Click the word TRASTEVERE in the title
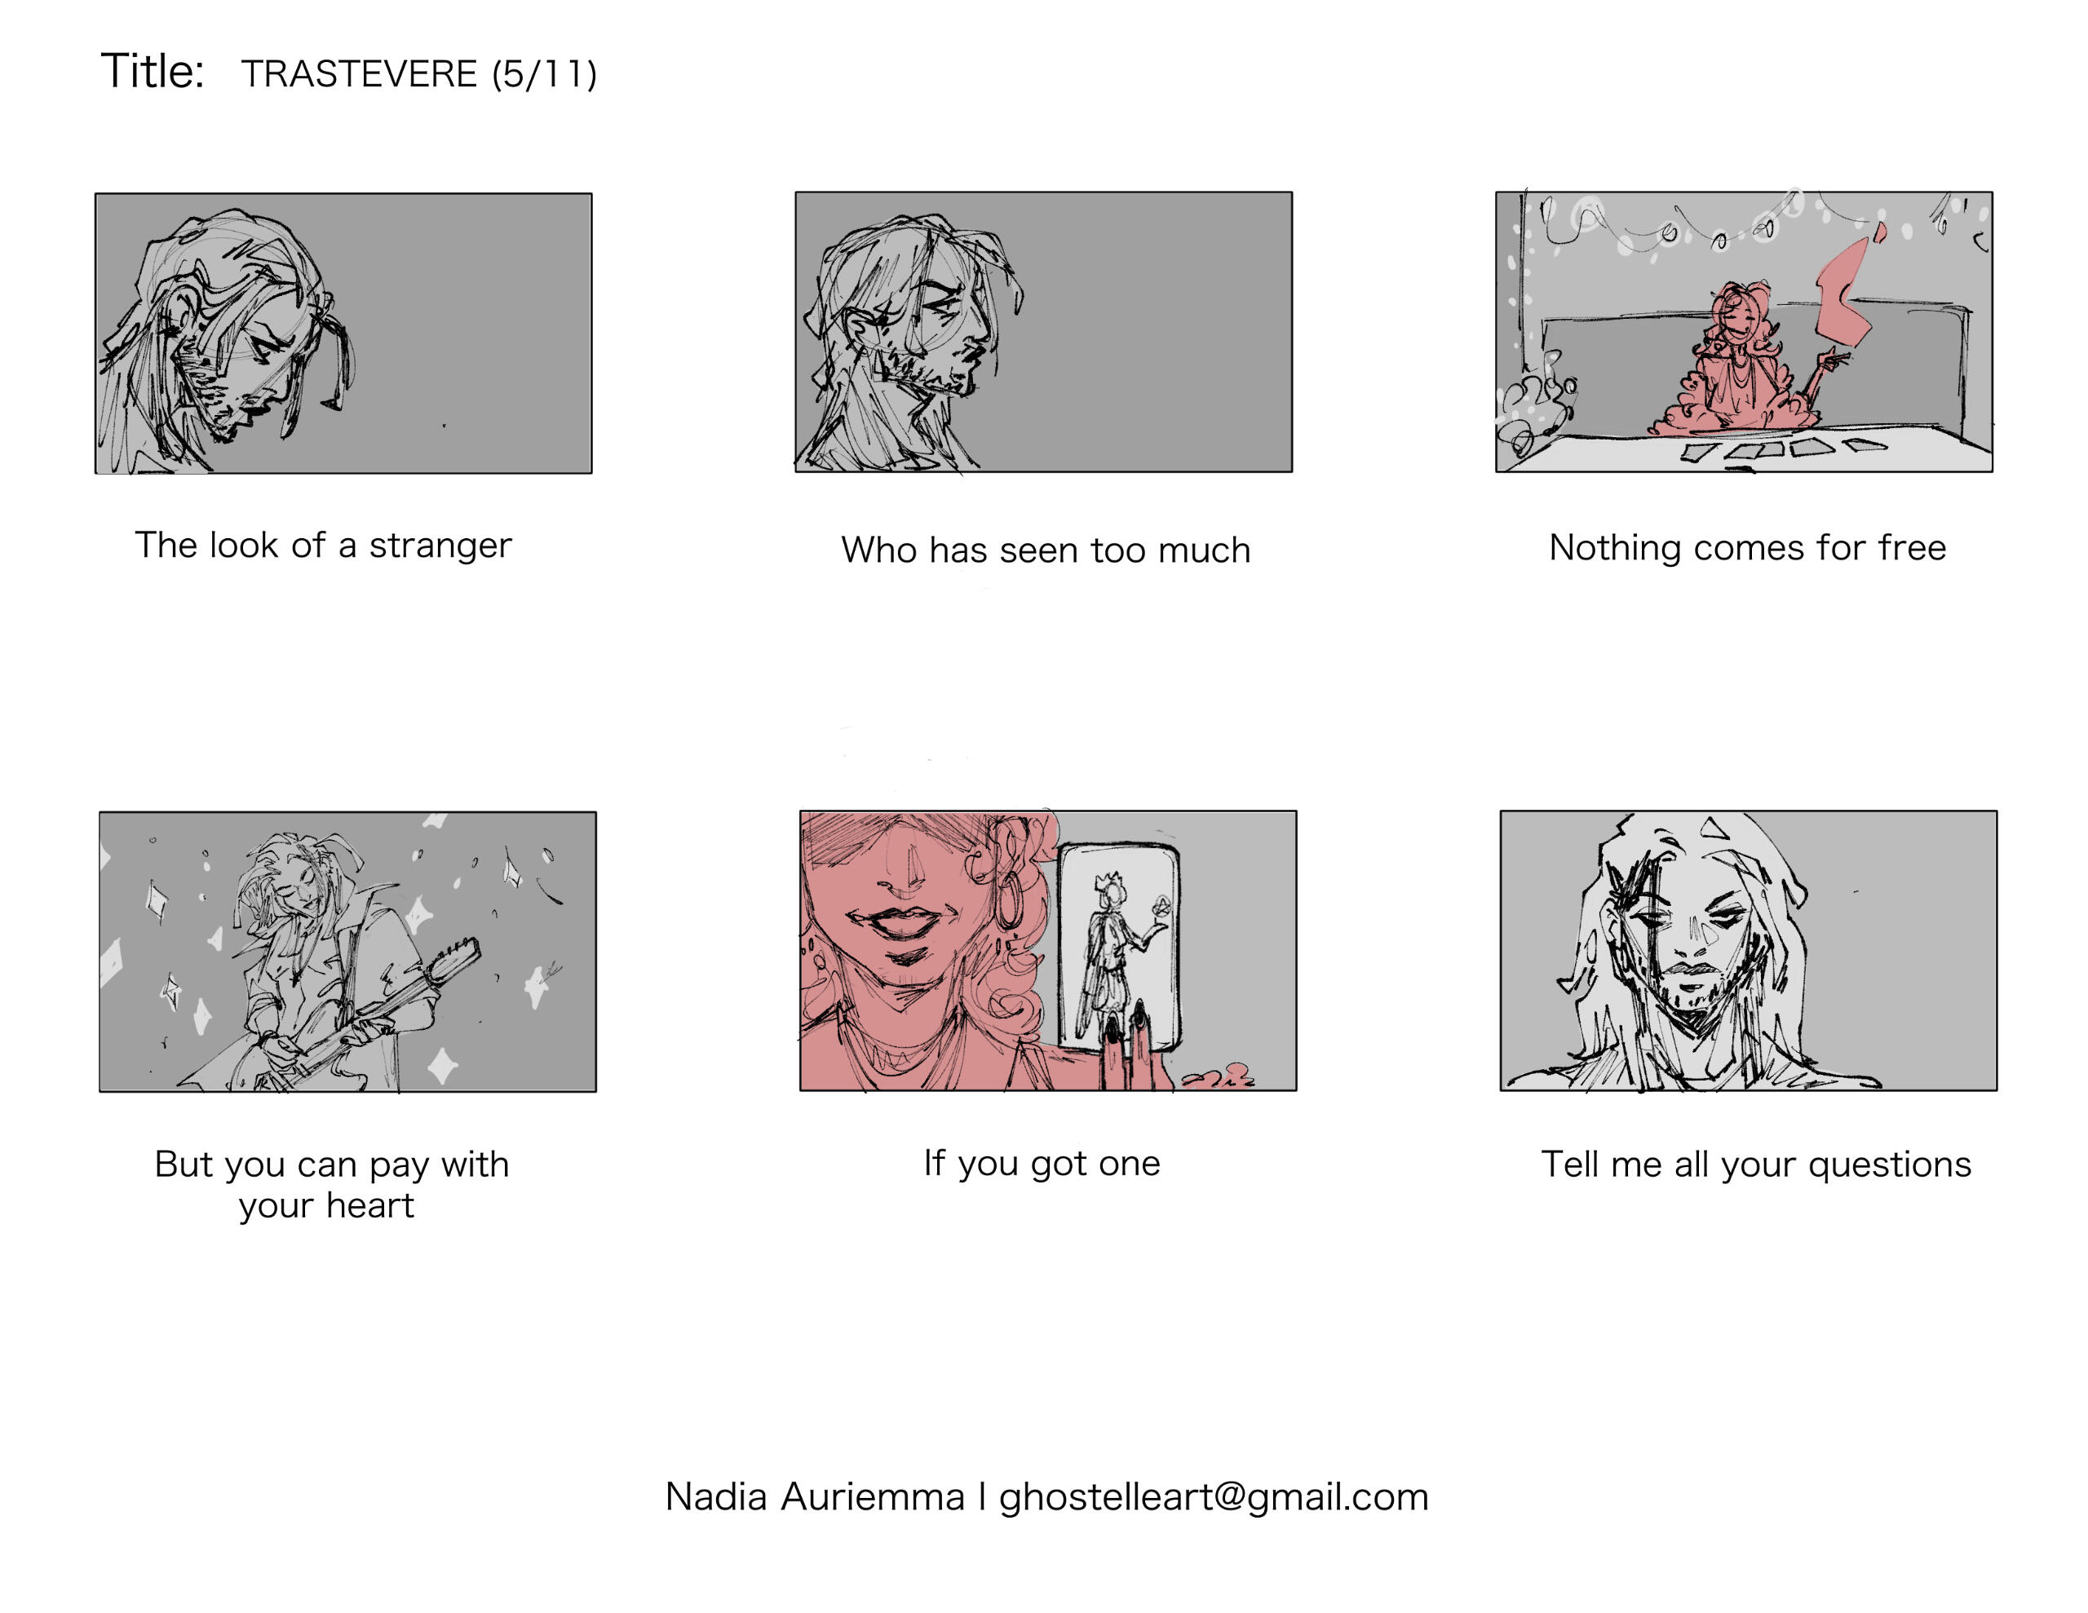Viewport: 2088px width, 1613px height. coord(359,73)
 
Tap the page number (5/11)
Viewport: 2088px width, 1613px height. coord(544,73)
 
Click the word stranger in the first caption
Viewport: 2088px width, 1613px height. coord(440,546)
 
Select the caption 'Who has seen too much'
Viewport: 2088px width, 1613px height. coord(1046,550)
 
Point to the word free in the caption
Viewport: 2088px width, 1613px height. coord(1911,547)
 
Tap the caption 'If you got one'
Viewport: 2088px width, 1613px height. coord(1042,1164)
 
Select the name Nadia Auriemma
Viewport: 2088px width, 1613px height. coord(815,1497)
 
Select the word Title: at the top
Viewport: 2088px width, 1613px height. coord(153,72)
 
